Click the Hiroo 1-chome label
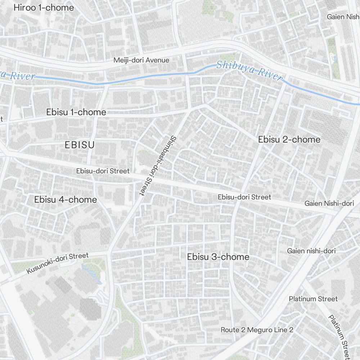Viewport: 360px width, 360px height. click(44, 8)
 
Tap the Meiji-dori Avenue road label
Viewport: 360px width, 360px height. click(141, 60)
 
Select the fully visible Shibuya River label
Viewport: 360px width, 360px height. click(249, 70)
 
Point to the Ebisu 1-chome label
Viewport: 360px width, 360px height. click(76, 112)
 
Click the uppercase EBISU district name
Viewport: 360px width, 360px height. click(80, 145)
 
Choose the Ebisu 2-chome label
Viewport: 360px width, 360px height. click(289, 139)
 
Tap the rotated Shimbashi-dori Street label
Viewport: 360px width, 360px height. click(157, 166)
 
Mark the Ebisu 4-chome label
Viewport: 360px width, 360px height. click(66, 199)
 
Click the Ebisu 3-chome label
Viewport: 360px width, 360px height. click(218, 257)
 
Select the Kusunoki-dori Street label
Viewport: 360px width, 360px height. click(58, 263)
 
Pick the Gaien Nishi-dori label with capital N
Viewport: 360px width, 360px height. click(329, 203)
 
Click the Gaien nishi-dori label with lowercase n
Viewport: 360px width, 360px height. click(311, 251)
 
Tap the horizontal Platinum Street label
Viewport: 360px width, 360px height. click(313, 299)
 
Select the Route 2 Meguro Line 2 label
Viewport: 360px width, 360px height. click(257, 330)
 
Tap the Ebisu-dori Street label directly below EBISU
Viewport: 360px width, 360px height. click(103, 171)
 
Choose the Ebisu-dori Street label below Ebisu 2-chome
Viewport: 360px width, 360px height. click(244, 197)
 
